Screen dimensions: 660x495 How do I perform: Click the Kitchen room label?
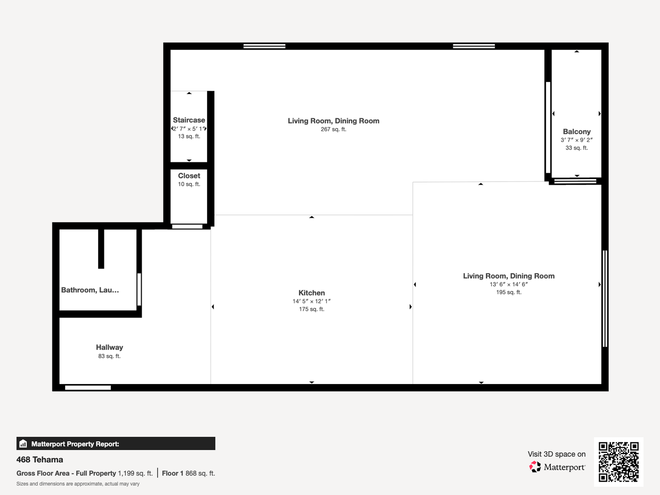tap(312, 293)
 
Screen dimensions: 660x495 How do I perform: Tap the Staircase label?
tap(189, 120)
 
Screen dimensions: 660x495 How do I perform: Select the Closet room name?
tap(189, 176)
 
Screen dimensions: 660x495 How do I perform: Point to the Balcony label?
tap(577, 132)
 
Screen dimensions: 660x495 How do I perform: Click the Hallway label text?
tap(110, 347)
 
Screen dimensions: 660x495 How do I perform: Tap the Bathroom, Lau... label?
tap(90, 290)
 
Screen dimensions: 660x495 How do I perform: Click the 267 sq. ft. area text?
tap(334, 129)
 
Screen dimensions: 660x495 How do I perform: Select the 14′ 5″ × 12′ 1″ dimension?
tap(312, 301)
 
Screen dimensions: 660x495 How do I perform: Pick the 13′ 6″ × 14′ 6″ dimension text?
tap(509, 284)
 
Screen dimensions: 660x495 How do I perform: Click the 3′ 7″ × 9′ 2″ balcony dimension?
tap(577, 140)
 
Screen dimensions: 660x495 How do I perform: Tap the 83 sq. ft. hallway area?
tap(110, 356)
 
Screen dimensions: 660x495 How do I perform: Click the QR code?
tap(618, 462)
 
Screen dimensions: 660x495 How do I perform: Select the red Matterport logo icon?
tap(535, 467)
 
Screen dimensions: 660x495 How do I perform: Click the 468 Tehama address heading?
tap(40, 460)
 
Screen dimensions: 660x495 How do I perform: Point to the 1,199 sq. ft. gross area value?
tap(135, 473)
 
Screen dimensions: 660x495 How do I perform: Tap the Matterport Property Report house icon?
tap(23, 444)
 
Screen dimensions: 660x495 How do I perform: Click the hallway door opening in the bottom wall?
tap(88, 388)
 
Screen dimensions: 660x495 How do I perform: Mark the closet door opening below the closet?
tap(187, 226)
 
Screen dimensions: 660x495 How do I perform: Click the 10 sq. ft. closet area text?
tap(189, 184)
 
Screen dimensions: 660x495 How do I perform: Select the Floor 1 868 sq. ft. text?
tap(188, 473)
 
